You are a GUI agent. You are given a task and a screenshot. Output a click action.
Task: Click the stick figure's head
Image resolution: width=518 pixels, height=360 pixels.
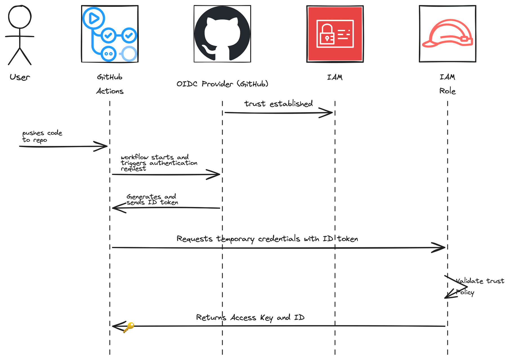pos(20,17)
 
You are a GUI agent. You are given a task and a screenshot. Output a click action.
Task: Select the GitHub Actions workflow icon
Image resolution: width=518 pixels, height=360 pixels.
pos(110,34)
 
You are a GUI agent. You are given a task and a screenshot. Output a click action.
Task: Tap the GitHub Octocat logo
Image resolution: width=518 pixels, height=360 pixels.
pos(222,34)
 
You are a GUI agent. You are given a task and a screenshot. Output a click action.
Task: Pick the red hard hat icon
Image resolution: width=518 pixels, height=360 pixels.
pos(448,34)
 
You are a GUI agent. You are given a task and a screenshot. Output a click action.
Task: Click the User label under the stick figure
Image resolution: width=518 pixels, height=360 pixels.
pos(20,77)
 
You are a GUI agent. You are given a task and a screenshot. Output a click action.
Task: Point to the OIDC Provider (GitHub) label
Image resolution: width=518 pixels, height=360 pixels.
pos(222,84)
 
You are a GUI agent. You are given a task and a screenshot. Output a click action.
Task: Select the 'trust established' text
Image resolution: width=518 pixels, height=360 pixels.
pos(278,104)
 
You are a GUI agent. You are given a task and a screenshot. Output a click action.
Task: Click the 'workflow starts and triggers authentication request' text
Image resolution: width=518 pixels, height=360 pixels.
pos(159,163)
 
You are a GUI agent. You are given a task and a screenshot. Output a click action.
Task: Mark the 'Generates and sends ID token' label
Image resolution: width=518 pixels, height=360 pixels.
pos(152,199)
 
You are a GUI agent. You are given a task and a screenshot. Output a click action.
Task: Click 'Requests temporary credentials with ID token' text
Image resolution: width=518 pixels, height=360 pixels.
pos(267,239)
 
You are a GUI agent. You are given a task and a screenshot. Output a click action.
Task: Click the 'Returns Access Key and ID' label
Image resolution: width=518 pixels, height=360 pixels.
pos(250,318)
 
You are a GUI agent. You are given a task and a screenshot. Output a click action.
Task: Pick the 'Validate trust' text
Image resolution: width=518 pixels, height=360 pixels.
pos(480,281)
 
